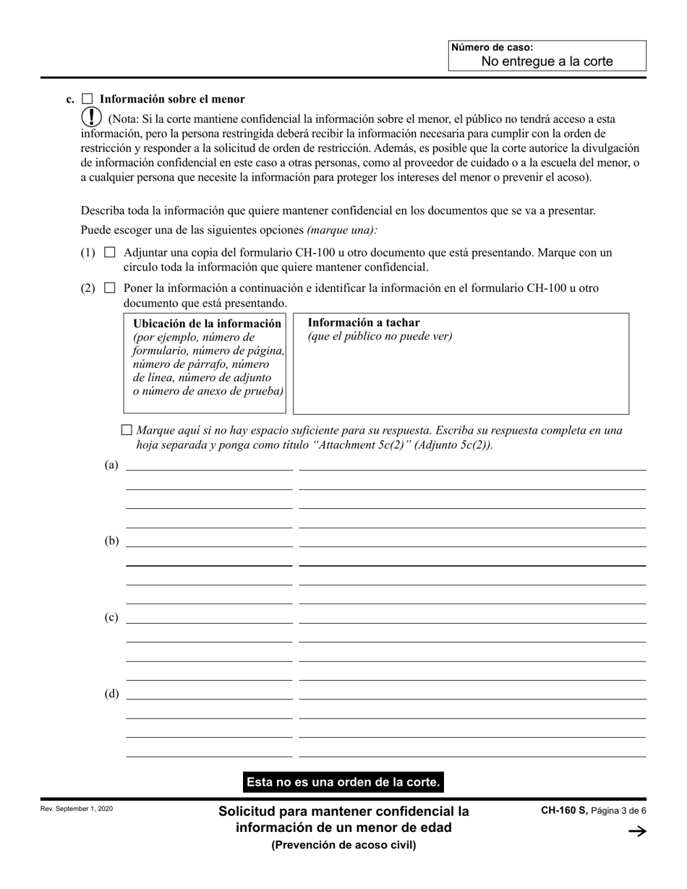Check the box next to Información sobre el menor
[x=87, y=99]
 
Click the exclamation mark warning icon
[x=92, y=118]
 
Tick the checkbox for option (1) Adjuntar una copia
[x=110, y=253]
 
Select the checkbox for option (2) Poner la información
[x=110, y=288]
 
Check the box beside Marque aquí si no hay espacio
[x=127, y=430]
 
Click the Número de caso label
[x=492, y=48]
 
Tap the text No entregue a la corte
[x=547, y=61]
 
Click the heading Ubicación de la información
[x=207, y=324]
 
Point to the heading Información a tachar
[x=363, y=323]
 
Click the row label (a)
[x=111, y=465]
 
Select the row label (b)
[x=111, y=541]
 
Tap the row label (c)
[x=111, y=617]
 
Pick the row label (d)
[x=111, y=694]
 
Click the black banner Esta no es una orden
[x=343, y=782]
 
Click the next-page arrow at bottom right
[x=636, y=832]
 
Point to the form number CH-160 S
[x=564, y=811]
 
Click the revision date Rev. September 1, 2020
[x=77, y=809]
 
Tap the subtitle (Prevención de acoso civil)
[x=343, y=845]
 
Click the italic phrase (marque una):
[x=342, y=230]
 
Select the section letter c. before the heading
[x=70, y=100]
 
